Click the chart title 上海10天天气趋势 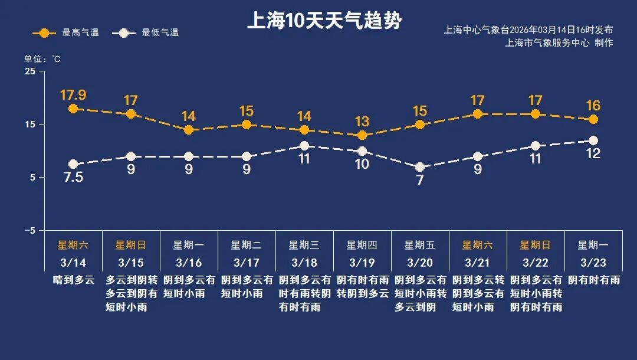tap(324, 21)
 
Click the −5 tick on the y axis tap(29, 231)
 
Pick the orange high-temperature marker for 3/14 tap(73, 109)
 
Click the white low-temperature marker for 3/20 tap(420, 167)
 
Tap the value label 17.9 tap(73, 94)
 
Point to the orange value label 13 tap(362, 122)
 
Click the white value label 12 tap(593, 154)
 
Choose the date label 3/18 tap(305, 262)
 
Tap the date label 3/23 tap(593, 262)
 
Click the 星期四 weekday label tap(362, 245)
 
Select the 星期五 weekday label tap(419, 245)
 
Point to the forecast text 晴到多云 tap(73, 280)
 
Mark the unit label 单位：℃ tap(42, 58)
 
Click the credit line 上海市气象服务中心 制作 tap(559, 42)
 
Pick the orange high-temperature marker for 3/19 tap(362, 135)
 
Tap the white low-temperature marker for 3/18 tap(304, 146)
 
